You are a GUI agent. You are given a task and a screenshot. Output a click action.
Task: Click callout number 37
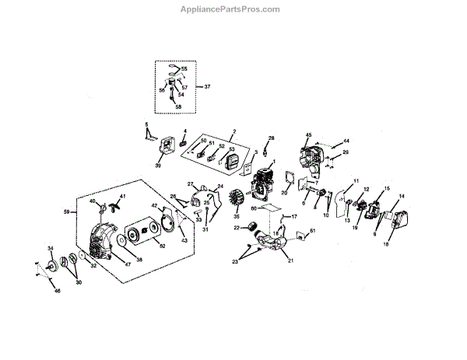(207, 87)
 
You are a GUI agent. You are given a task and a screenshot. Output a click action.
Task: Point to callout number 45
(309, 135)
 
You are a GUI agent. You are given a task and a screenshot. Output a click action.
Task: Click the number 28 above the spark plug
(272, 138)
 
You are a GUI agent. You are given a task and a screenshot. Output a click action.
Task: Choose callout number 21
(290, 261)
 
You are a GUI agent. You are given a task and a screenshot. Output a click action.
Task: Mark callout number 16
(385, 244)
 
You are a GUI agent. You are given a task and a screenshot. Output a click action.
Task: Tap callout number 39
(158, 165)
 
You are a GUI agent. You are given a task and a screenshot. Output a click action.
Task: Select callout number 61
(313, 231)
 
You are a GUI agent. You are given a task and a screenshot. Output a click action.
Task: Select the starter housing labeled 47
(100, 241)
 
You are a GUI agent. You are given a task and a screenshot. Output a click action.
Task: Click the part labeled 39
(164, 148)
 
